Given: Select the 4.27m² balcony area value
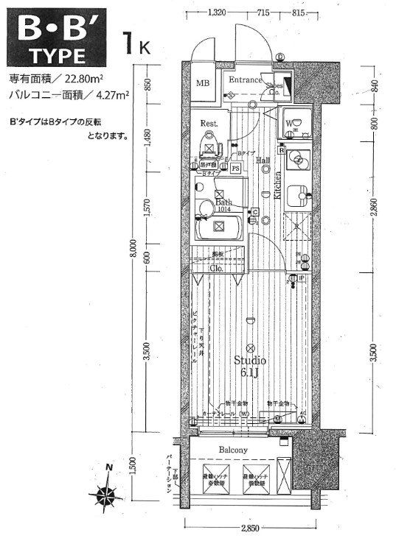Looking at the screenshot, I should click(109, 94).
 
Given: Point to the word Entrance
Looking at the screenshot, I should click(246, 79).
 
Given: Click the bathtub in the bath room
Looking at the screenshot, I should click(220, 227).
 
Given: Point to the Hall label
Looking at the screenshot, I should click(263, 160).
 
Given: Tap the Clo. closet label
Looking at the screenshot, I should click(217, 269).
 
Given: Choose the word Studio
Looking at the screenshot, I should click(250, 360).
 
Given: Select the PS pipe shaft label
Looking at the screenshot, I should click(235, 168).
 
